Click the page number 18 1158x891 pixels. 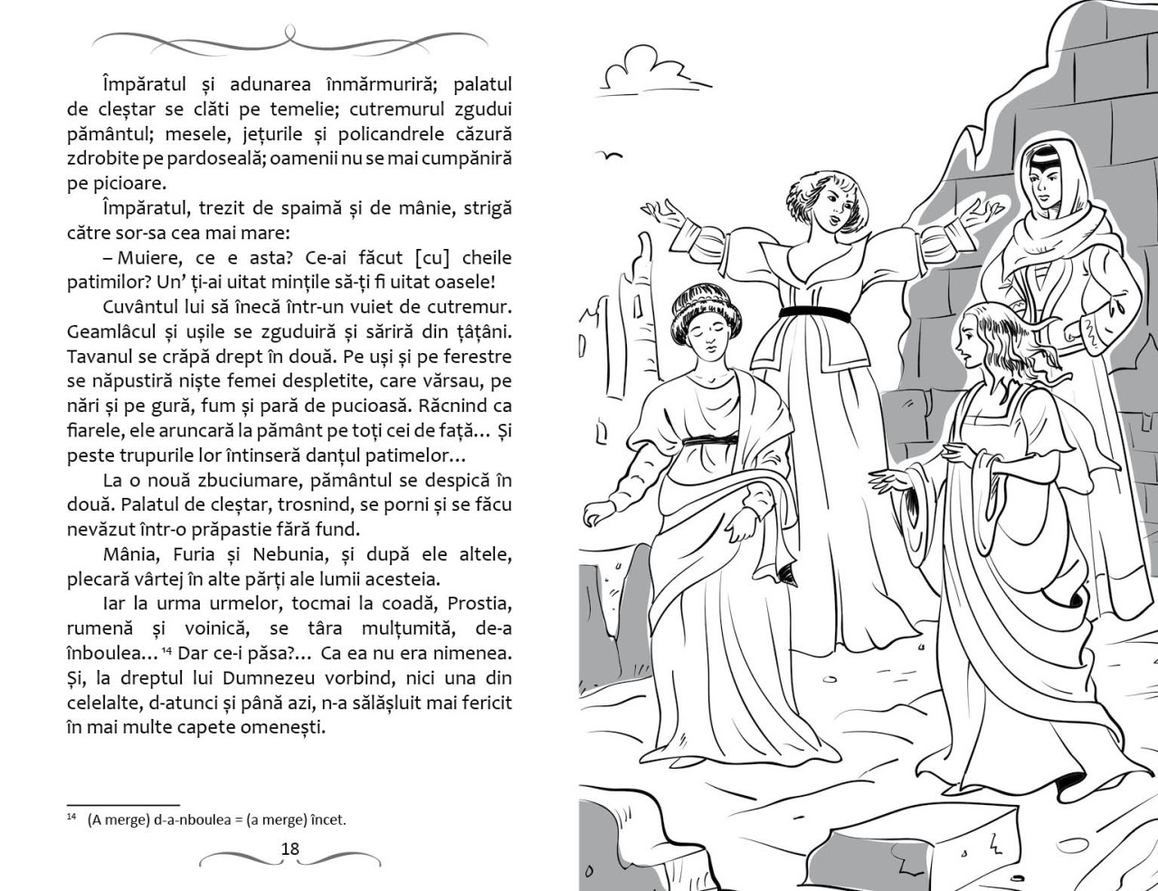290,848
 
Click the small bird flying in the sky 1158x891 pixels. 612,155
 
